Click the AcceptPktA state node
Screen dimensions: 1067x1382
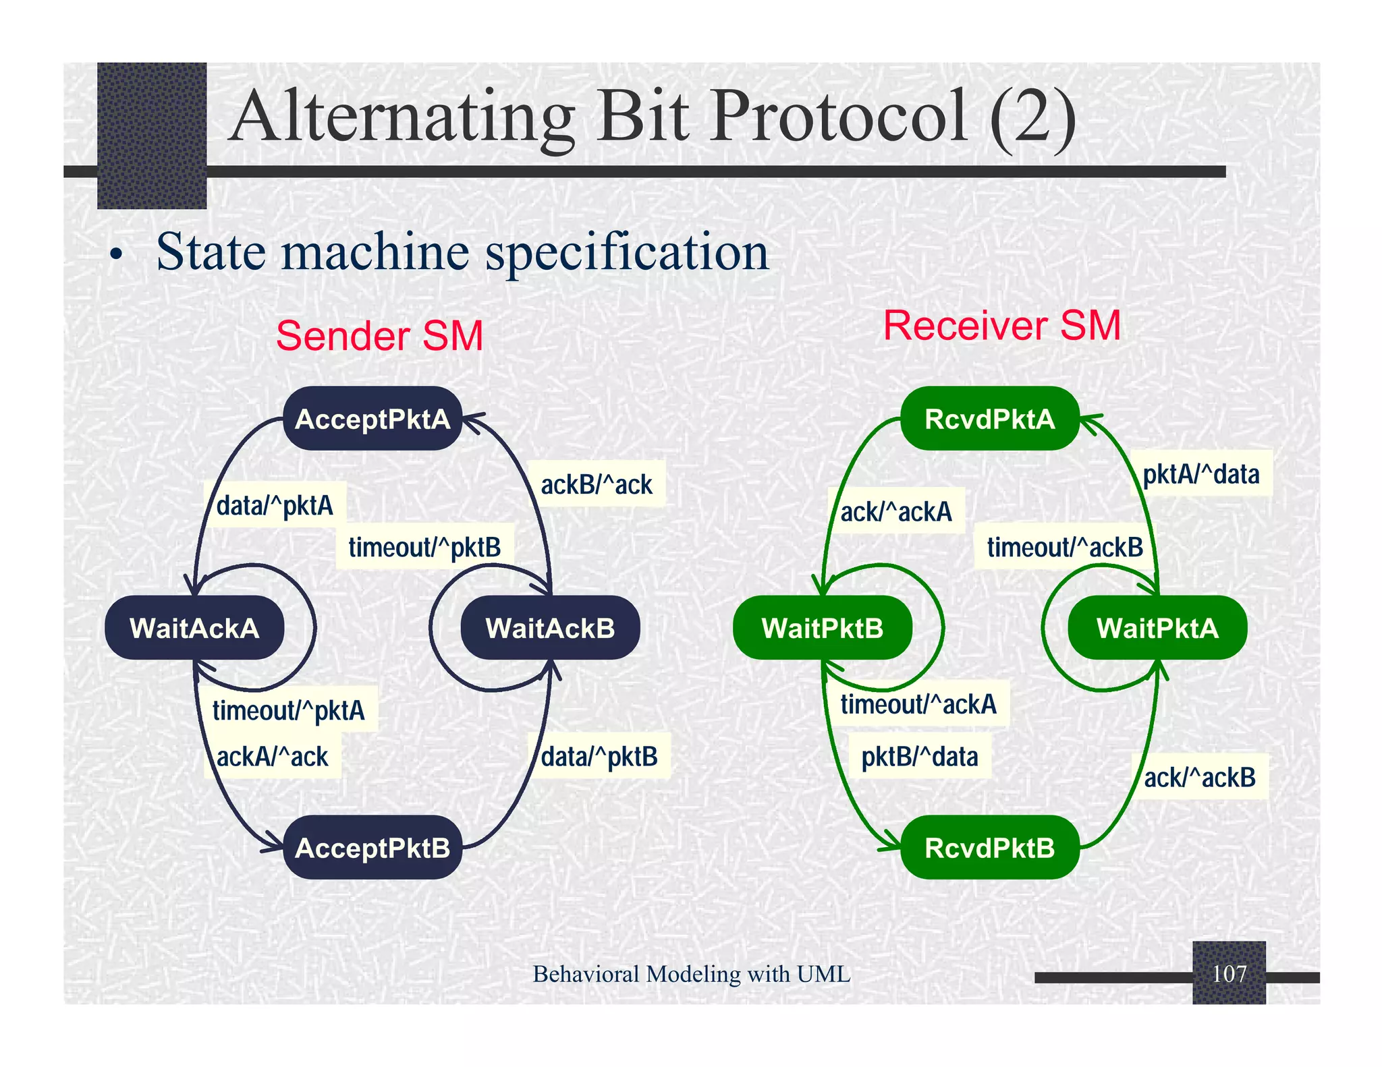point(372,419)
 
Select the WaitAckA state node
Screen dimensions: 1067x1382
point(194,628)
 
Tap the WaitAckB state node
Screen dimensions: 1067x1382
point(550,628)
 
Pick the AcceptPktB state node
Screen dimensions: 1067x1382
point(372,848)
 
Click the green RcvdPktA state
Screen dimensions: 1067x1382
point(989,419)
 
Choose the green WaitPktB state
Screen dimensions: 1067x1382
point(822,628)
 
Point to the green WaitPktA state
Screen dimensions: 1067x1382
point(1157,628)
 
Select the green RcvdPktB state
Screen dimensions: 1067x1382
point(989,848)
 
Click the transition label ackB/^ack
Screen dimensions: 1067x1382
point(597,484)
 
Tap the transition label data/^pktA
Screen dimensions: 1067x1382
point(275,505)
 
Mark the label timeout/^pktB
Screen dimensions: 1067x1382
point(424,547)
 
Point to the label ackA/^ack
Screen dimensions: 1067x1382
point(272,757)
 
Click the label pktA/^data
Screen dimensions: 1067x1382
point(1200,474)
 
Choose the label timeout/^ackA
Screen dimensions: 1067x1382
point(918,704)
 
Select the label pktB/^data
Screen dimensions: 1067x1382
point(919,757)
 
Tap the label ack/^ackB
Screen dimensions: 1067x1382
point(1200,778)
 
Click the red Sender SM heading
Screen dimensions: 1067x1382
point(379,336)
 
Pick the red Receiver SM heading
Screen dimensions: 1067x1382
point(1001,326)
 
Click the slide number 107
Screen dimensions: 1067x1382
point(1229,973)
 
